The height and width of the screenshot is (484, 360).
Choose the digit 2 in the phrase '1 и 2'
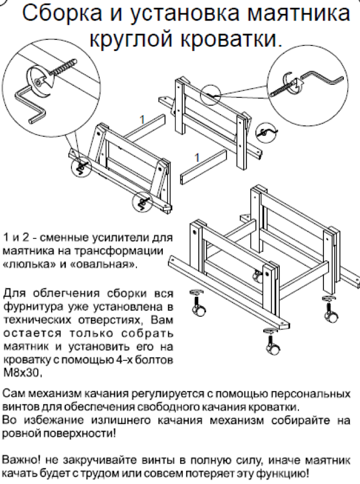(24, 238)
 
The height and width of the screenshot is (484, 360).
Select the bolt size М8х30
(22, 373)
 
